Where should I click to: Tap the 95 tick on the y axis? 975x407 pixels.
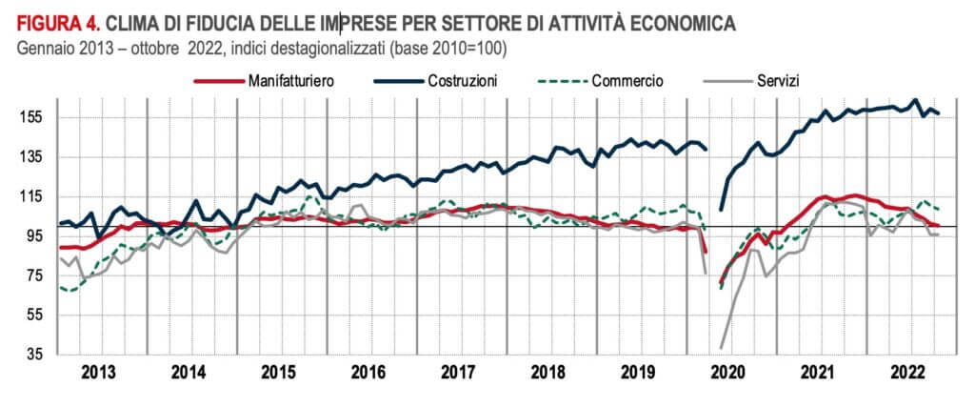point(35,236)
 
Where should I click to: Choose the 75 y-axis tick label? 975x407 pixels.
point(35,275)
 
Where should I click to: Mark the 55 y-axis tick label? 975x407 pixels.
point(35,315)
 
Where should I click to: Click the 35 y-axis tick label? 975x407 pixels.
point(35,355)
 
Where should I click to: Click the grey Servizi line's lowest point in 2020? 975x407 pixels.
point(722,348)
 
